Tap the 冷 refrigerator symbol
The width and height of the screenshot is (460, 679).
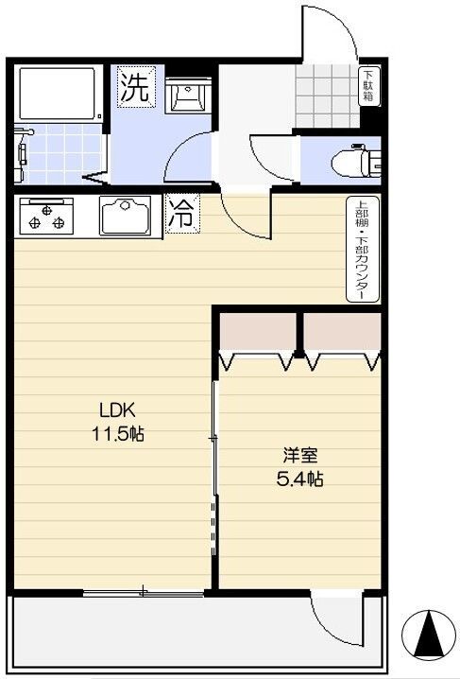click(x=181, y=213)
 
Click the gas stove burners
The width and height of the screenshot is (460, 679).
click(x=45, y=217)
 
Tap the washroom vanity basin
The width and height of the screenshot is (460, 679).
click(x=187, y=96)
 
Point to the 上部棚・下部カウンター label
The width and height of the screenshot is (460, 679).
click(x=362, y=250)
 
